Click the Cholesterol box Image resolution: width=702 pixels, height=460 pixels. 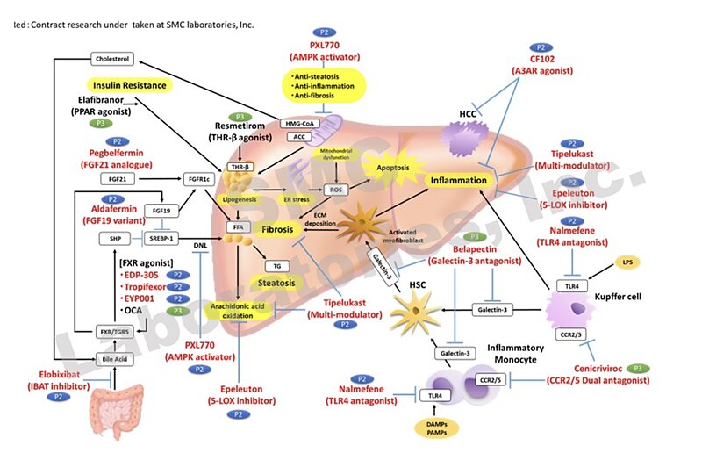pyautogui.click(x=112, y=59)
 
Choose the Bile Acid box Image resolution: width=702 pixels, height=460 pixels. pyautogui.click(x=113, y=359)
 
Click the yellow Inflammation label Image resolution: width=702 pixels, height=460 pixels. pyautogui.click(x=456, y=181)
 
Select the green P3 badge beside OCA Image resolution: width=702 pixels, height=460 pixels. pyautogui.click(x=178, y=310)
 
